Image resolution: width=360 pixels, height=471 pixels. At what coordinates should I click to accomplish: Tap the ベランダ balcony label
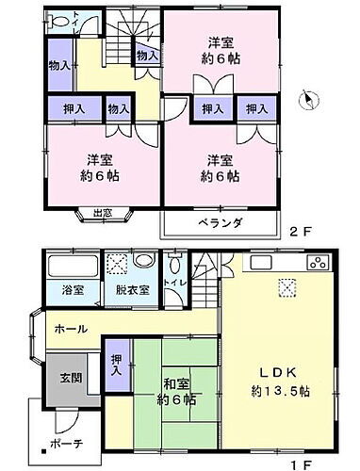click(221, 223)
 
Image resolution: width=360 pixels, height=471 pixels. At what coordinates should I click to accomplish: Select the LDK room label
click(278, 371)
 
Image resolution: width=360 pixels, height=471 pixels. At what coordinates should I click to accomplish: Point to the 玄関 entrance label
click(58, 378)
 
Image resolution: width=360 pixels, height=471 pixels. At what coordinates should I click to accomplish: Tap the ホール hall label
click(72, 329)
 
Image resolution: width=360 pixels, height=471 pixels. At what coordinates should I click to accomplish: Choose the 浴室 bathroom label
click(73, 291)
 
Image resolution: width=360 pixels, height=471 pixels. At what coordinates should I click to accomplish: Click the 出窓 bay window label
click(102, 213)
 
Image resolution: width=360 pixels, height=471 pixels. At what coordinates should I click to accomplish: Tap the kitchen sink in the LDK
click(260, 261)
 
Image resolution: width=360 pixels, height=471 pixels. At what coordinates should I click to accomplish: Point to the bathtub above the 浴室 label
click(72, 263)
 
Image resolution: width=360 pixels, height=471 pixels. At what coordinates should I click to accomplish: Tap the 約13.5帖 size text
click(278, 391)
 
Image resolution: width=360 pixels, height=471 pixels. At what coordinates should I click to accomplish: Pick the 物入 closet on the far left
click(58, 65)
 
